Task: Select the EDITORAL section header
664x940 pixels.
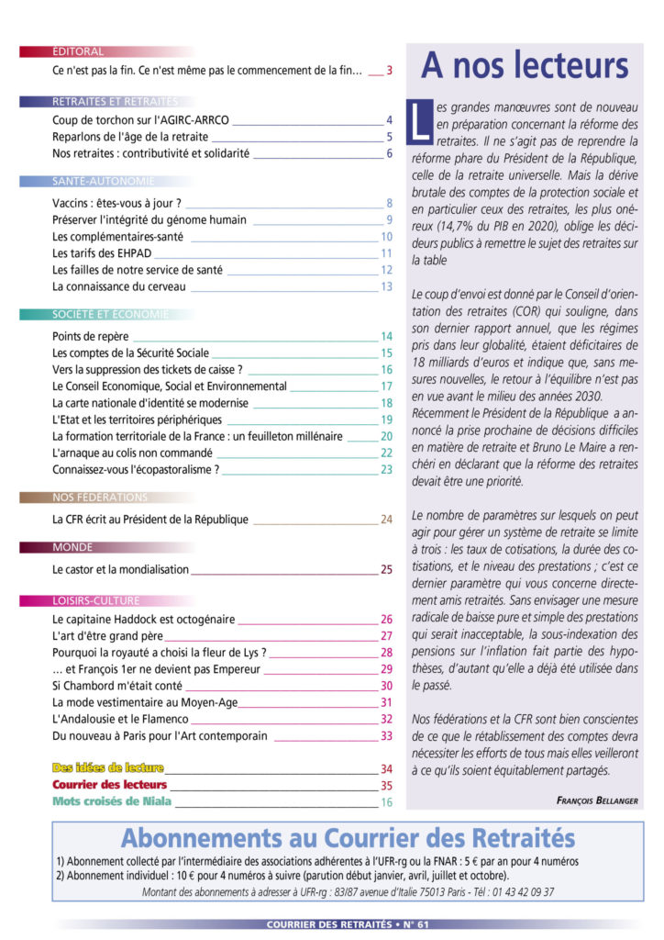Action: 78,52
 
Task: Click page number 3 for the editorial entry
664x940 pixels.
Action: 389,71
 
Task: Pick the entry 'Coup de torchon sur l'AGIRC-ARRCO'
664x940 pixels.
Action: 140,120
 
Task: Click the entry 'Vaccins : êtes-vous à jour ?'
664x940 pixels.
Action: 116,203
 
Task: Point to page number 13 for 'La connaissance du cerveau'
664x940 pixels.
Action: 387,286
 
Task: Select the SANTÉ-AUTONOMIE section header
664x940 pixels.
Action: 104,182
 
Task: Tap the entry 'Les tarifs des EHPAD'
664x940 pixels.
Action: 102,252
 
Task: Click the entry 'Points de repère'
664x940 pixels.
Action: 90,337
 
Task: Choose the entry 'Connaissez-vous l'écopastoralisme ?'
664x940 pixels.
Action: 136,469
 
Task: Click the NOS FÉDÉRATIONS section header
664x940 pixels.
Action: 100,498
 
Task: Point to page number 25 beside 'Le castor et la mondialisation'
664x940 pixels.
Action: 386,569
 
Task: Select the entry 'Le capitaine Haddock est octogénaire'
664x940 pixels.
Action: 144,620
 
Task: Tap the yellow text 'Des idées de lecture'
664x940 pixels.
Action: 108,767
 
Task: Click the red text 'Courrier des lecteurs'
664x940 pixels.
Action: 110,785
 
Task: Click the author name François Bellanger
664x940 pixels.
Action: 597,800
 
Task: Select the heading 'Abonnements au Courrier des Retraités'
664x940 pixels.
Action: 349,838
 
